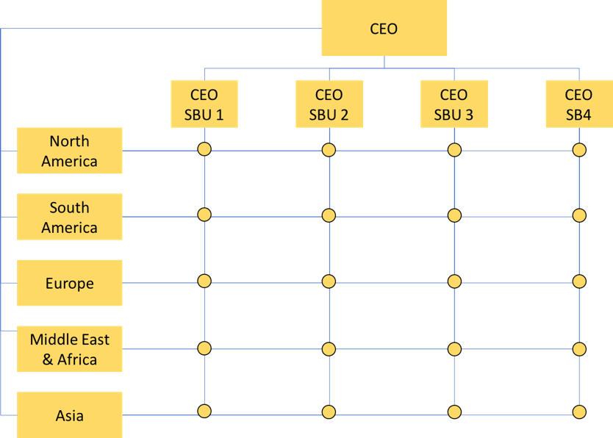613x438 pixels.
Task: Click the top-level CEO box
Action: click(x=384, y=28)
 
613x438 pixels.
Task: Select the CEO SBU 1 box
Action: click(x=204, y=104)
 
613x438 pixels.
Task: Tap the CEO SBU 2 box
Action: click(x=329, y=104)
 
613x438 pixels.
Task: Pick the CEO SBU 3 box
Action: click(x=454, y=104)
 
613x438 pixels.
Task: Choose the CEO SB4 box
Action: click(x=579, y=104)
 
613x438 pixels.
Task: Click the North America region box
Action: click(x=70, y=151)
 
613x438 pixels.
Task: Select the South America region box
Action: click(x=70, y=217)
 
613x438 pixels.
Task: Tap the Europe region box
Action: click(x=70, y=283)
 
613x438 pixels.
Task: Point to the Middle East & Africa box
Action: click(x=70, y=349)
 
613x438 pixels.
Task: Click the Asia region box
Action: click(x=70, y=415)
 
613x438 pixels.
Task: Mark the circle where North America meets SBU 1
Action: click(x=204, y=149)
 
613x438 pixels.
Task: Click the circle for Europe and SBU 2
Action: click(x=329, y=281)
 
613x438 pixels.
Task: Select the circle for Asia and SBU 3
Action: click(x=454, y=412)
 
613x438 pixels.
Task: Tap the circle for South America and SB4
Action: click(x=579, y=215)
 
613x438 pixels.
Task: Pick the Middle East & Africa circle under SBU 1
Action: click(x=204, y=348)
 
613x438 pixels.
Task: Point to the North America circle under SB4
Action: click(x=579, y=150)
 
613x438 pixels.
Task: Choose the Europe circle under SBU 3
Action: click(x=454, y=281)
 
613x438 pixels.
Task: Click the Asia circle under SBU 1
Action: click(x=204, y=411)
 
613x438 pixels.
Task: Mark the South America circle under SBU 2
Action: click(x=329, y=215)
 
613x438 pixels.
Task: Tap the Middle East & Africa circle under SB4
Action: click(x=579, y=349)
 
